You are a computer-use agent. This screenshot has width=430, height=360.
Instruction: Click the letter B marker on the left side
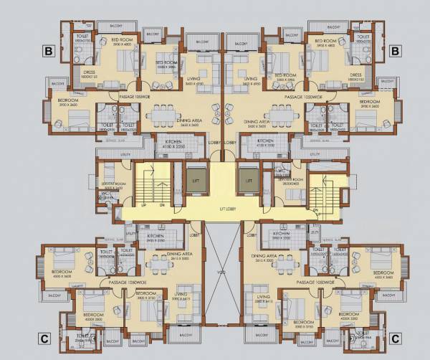[49, 51]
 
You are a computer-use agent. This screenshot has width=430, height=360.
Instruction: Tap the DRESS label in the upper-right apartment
[355, 74]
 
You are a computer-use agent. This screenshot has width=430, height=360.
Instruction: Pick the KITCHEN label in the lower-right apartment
[281, 235]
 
